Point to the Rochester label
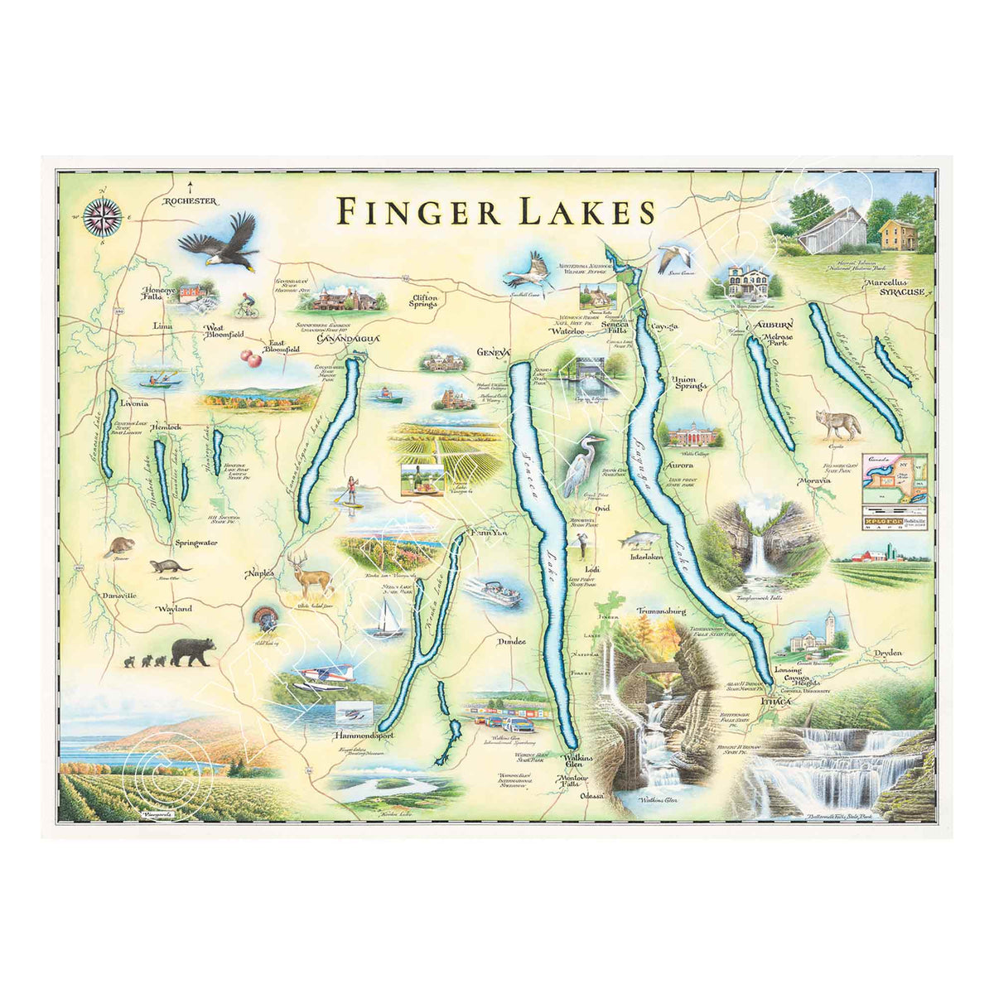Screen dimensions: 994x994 pos(190,201)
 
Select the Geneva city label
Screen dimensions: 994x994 pos(491,352)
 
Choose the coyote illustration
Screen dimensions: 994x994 pos(838,423)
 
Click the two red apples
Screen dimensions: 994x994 pos(250,357)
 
